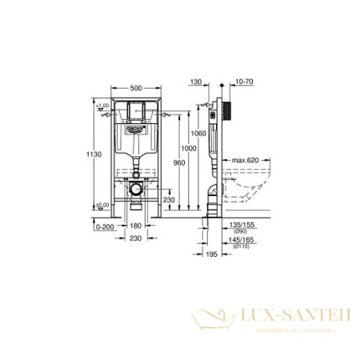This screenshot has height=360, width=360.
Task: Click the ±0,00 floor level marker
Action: click(x=102, y=206)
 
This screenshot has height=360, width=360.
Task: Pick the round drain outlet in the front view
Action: click(x=136, y=190)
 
